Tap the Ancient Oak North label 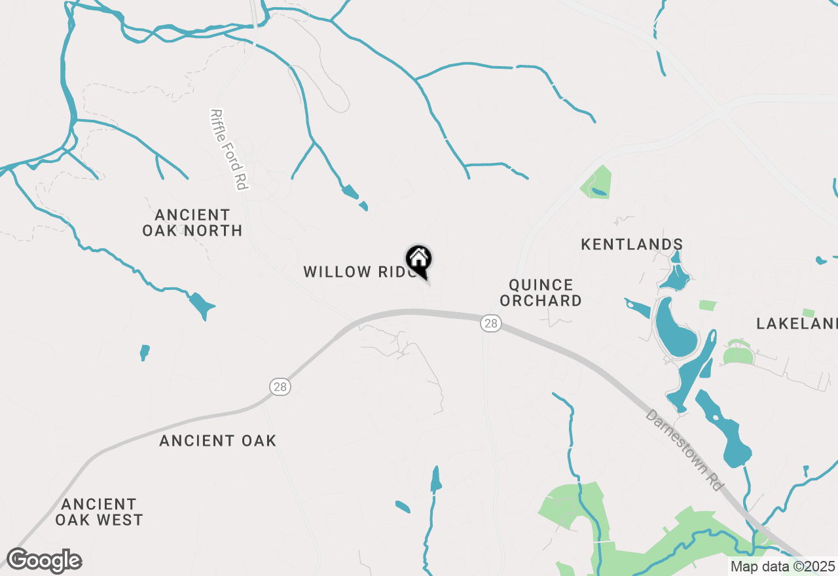pyautogui.click(x=192, y=223)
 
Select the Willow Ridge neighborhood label pyautogui.click(x=357, y=272)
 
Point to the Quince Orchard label pyautogui.click(x=545, y=293)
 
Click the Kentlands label pyautogui.click(x=632, y=244)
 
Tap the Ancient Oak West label pyautogui.click(x=99, y=512)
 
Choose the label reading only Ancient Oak pyautogui.click(x=217, y=441)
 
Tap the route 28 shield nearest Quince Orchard pyautogui.click(x=491, y=323)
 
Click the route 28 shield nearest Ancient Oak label pyautogui.click(x=280, y=387)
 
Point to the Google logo pyautogui.click(x=44, y=561)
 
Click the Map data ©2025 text pyautogui.click(x=782, y=566)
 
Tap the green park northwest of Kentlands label pyautogui.click(x=597, y=182)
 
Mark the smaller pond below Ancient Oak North pyautogui.click(x=145, y=352)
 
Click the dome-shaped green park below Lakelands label pyautogui.click(x=738, y=355)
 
